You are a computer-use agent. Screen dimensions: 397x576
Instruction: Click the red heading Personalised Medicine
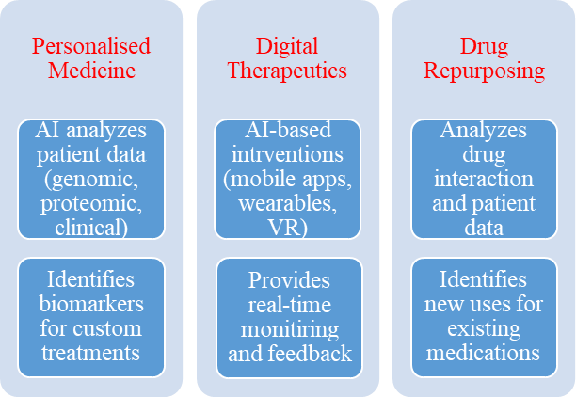click(91, 57)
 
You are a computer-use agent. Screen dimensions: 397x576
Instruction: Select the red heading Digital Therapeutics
click(288, 57)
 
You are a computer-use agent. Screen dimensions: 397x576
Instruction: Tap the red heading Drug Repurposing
click(484, 57)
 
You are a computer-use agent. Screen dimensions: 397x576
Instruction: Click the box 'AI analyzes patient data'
click(91, 177)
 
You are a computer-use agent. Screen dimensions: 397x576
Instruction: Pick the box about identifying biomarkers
click(91, 316)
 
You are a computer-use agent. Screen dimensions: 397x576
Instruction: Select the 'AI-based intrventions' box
click(288, 177)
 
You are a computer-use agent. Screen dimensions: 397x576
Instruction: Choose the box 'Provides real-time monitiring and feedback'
click(288, 316)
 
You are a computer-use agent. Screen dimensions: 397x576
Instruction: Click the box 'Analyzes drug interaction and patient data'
click(484, 177)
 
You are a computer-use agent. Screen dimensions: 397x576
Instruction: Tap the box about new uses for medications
click(484, 316)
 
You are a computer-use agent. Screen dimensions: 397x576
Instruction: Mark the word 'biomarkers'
click(91, 304)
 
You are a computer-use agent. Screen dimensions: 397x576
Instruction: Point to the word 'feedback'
click(317, 353)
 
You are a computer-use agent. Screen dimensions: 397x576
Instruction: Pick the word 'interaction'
click(484, 177)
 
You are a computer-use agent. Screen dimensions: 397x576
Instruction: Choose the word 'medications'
click(484, 352)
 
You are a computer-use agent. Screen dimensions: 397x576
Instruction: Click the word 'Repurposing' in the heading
click(484, 70)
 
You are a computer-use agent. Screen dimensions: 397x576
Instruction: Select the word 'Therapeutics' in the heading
click(288, 70)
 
